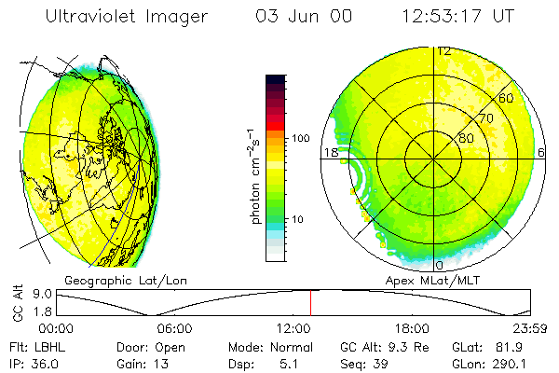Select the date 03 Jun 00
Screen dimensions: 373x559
click(292, 17)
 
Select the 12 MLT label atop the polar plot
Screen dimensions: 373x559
click(443, 51)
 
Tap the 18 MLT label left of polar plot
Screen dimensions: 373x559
click(329, 152)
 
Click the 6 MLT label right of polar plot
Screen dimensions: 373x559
click(541, 152)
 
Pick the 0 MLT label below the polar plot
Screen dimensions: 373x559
click(440, 265)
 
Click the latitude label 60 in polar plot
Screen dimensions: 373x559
click(506, 98)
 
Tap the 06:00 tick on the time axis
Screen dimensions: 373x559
click(174, 328)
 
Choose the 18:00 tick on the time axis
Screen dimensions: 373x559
click(411, 328)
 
